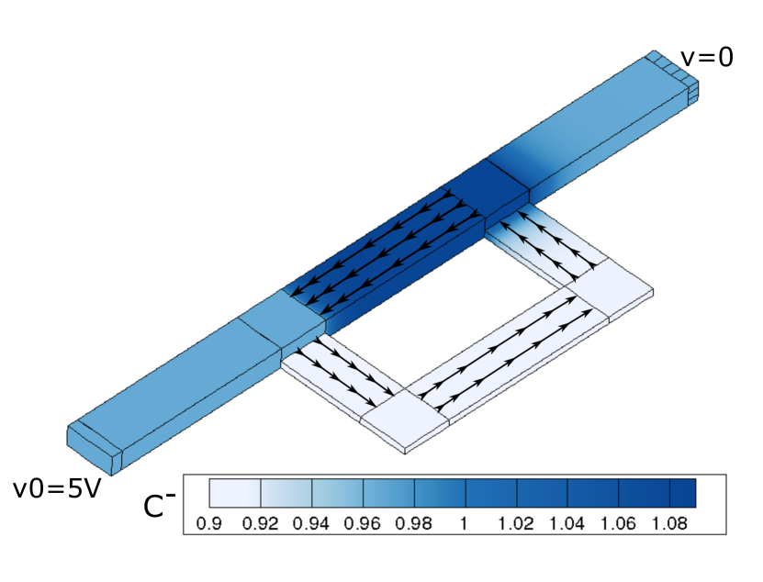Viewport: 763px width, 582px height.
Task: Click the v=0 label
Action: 707,58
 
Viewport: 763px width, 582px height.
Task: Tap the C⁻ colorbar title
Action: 159,504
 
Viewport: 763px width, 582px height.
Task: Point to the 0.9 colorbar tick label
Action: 208,523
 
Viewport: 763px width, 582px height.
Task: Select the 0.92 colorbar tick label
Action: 261,523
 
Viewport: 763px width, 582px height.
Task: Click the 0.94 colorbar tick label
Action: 311,523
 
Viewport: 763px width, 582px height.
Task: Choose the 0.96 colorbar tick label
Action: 363,523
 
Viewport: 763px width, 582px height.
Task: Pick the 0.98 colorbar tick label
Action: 413,523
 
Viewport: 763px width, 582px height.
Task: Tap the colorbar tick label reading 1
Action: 464,523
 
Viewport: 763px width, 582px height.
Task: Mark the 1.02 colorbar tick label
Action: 516,523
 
